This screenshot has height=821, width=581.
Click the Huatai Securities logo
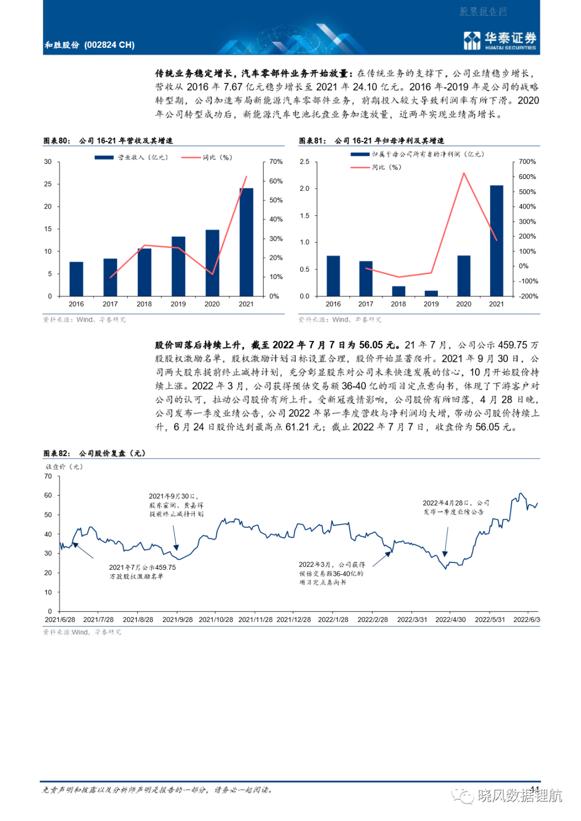499,40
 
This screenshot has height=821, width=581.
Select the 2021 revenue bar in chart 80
246,242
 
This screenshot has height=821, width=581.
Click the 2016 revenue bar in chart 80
76,279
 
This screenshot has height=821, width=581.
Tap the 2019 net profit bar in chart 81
431,293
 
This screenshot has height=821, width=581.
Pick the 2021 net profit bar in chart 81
496,241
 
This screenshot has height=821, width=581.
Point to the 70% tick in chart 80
276,162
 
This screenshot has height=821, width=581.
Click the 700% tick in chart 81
527,162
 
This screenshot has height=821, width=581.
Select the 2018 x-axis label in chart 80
144,304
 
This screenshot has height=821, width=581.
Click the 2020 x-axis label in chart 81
464,304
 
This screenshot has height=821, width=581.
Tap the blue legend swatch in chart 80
104,158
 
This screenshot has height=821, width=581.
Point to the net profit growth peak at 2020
464,173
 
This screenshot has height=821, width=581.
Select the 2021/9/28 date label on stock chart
178,619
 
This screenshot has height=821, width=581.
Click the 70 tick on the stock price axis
48,476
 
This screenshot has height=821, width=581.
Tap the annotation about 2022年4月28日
456,507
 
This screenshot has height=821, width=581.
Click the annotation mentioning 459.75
143,572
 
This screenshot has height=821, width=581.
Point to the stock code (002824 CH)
109,45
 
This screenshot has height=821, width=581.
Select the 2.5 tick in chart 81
305,162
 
